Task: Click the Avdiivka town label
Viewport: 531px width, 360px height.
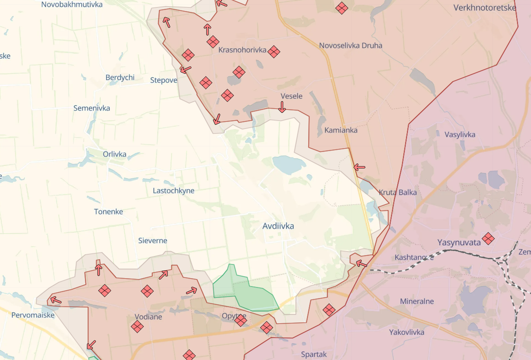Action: (x=278, y=226)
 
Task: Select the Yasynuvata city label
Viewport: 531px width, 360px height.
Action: (x=459, y=242)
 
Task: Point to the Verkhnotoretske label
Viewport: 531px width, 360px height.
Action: (x=485, y=8)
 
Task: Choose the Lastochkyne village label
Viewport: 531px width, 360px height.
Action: (x=173, y=191)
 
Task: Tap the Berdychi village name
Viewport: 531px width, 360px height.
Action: (x=120, y=78)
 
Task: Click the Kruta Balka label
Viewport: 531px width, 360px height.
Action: (x=397, y=192)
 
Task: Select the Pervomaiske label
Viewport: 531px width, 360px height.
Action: (x=33, y=315)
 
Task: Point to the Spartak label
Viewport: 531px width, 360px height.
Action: (x=314, y=354)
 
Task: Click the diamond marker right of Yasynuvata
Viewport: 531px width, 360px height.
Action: (x=488, y=239)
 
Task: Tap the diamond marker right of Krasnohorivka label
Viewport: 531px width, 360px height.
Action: (x=274, y=52)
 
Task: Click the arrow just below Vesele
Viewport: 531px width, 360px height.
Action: (x=282, y=107)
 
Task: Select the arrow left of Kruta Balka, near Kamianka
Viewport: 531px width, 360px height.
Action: (x=359, y=167)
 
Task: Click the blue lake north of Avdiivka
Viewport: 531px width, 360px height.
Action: (x=289, y=164)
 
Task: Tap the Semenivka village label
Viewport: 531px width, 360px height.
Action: (x=92, y=108)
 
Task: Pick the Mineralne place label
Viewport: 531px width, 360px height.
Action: (x=417, y=302)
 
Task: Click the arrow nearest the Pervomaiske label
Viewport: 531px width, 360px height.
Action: (x=56, y=300)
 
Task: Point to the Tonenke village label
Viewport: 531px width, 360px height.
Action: (x=108, y=212)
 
